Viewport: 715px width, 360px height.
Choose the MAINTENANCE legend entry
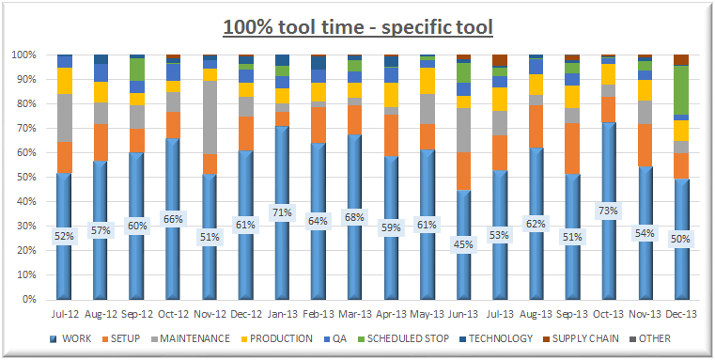(192, 338)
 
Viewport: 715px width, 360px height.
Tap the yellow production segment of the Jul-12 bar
(64, 81)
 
